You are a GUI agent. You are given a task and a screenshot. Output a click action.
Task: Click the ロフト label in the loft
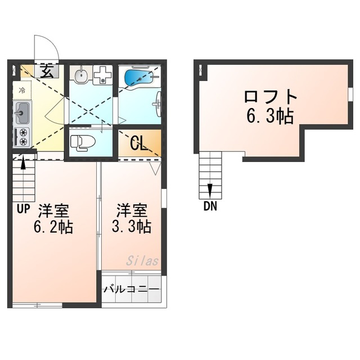point(271,96)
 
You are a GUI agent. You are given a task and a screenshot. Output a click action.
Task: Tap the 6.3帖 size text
point(270,116)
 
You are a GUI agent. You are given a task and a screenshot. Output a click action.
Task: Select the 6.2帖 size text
point(53,227)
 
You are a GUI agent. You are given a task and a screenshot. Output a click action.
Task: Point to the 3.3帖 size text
point(131,227)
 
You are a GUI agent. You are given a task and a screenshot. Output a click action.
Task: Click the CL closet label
point(139,143)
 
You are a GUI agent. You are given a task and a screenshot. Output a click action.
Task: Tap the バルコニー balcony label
point(131,289)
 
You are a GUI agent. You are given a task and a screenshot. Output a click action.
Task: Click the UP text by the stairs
point(24,209)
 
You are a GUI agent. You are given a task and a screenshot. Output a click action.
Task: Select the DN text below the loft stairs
point(210,206)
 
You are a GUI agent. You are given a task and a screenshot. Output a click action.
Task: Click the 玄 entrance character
point(47,71)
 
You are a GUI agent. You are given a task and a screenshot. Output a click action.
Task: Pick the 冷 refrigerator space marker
point(22,90)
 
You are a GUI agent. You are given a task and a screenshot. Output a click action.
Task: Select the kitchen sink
point(22,113)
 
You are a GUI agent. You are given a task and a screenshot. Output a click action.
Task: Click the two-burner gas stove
point(22,137)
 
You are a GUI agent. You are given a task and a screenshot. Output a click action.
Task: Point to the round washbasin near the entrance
point(81,74)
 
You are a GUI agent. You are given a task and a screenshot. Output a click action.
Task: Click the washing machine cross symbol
point(102,75)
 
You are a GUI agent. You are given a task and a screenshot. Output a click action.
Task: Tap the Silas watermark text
point(142,261)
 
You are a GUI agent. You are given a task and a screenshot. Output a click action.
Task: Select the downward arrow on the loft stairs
point(210,191)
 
